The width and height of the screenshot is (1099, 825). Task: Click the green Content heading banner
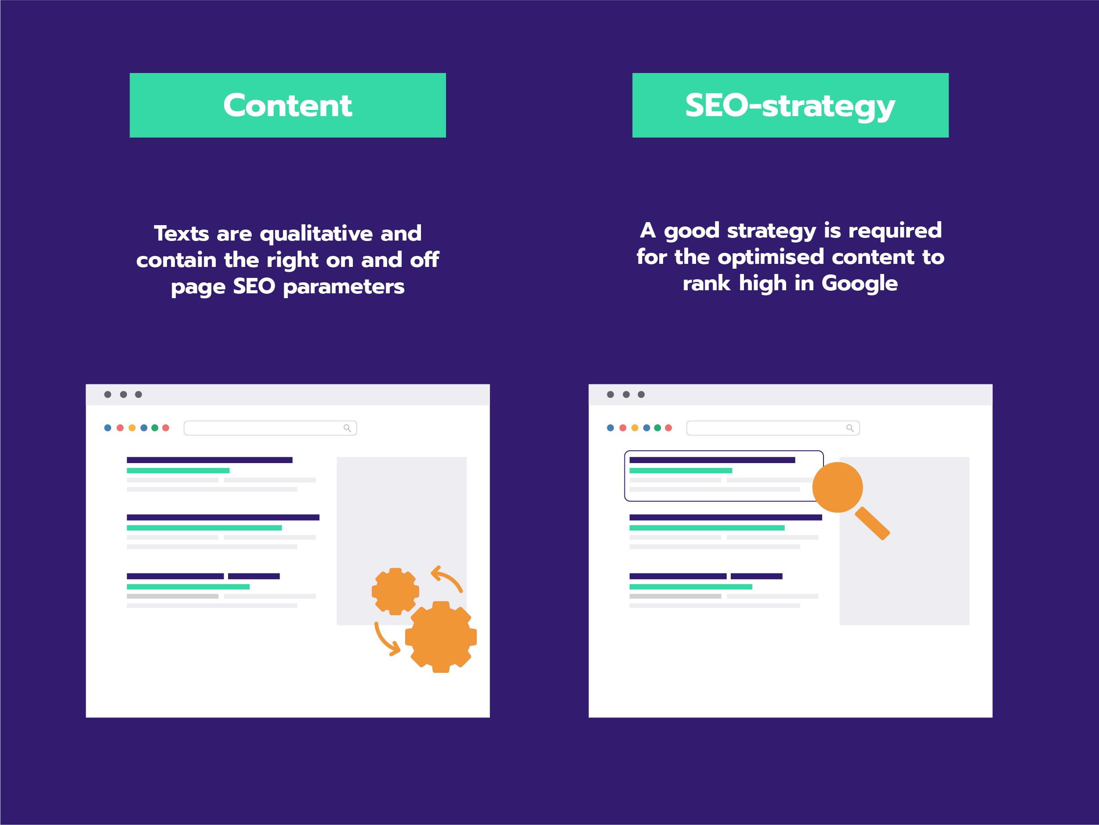point(288,105)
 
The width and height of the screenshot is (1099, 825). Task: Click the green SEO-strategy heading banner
point(791,105)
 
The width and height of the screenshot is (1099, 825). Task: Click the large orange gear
point(441,637)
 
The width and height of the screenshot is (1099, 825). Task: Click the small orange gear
point(395,591)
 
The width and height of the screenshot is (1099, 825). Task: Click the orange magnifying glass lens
point(838,487)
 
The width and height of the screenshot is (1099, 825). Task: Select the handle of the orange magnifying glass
point(872,523)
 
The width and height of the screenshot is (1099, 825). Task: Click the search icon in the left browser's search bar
point(347,428)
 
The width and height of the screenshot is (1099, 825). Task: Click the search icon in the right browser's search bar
point(850,428)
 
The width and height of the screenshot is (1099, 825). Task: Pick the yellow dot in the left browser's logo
point(132,427)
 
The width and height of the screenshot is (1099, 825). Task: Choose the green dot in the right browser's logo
point(657,427)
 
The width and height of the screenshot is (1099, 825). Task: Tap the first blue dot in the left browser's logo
point(108,427)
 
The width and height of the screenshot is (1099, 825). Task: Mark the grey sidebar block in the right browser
point(904,541)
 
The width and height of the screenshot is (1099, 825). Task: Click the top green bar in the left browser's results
point(178,471)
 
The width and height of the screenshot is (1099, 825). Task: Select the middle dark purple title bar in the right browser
point(725,517)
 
